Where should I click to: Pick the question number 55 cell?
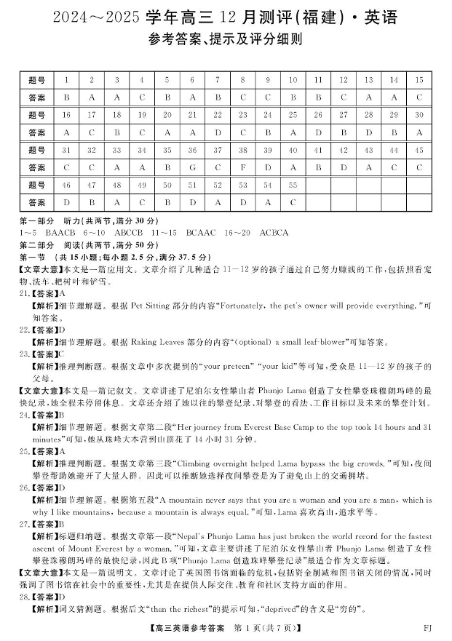pos(293,186)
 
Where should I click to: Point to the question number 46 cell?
pos(67,186)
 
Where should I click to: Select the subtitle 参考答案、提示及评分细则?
pos(226,39)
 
